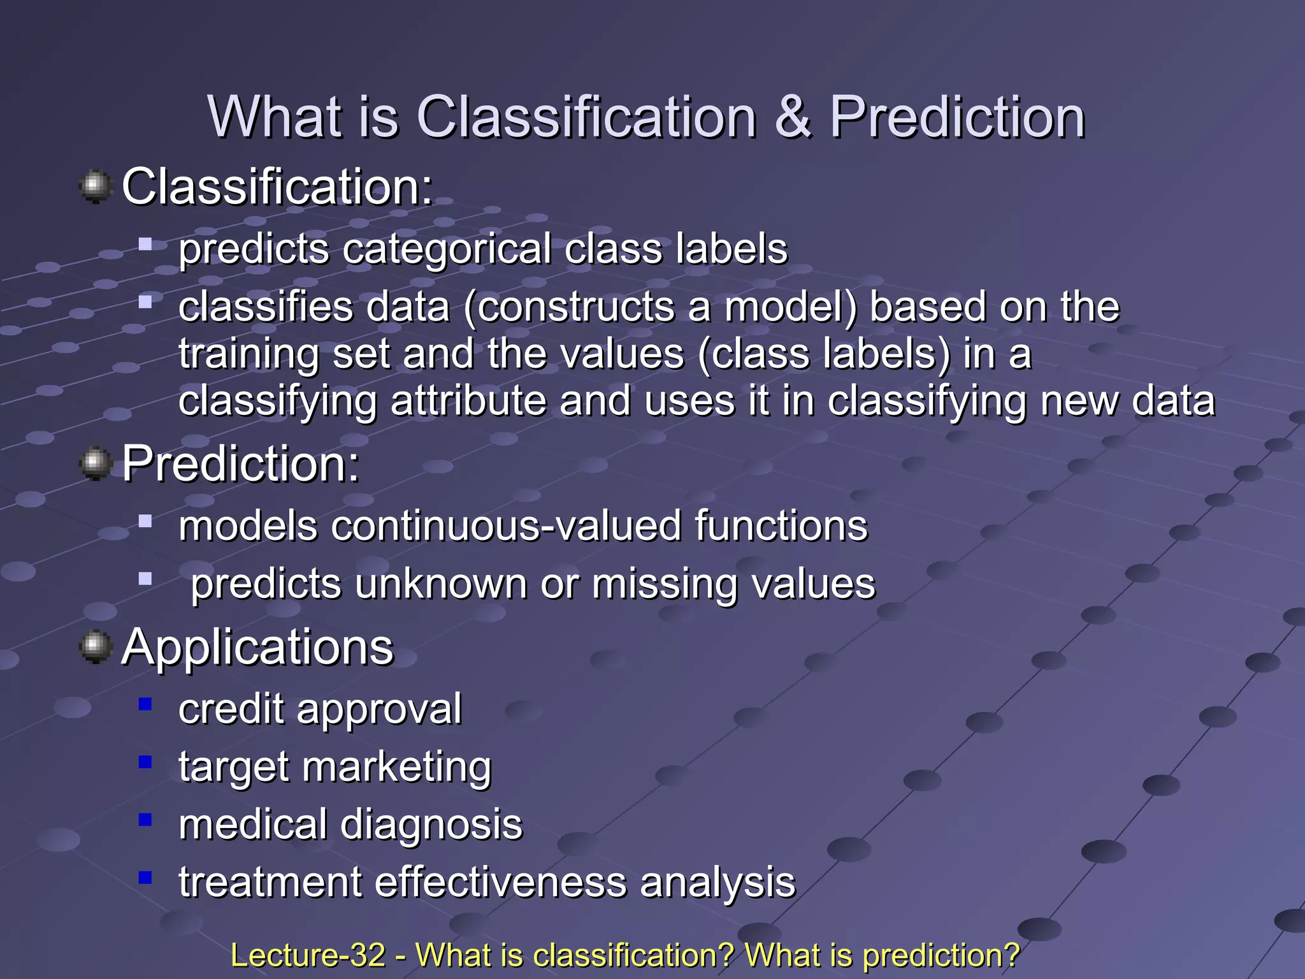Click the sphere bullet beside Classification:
(x=96, y=186)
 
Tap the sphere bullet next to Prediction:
(x=96, y=463)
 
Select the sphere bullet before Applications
(x=96, y=647)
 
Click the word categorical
(x=447, y=249)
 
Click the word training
(x=249, y=354)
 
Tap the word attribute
(x=468, y=402)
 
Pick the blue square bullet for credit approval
(x=146, y=704)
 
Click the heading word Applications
(x=257, y=648)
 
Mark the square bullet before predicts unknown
(x=146, y=579)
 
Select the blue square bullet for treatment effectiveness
(x=146, y=877)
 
